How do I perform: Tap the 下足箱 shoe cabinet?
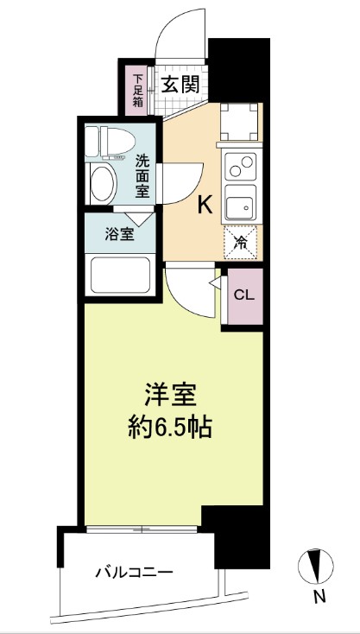pyautogui.click(x=137, y=87)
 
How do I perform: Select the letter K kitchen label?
pyautogui.click(x=205, y=205)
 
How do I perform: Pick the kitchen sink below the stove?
pyautogui.click(x=241, y=206)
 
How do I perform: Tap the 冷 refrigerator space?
pyautogui.click(x=242, y=243)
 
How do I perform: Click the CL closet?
pyautogui.click(x=243, y=295)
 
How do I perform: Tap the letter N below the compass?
pyautogui.click(x=319, y=596)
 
